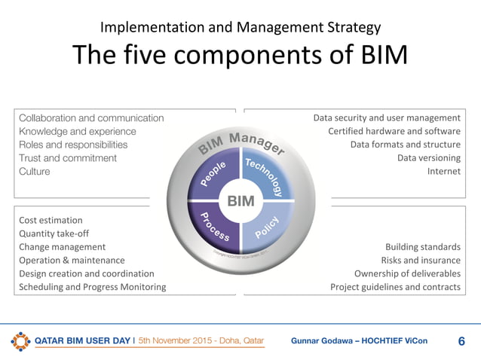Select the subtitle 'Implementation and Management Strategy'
240,28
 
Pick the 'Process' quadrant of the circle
213,227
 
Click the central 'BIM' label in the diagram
240,200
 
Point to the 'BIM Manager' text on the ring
240,144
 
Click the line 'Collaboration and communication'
91,117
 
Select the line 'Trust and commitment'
68,158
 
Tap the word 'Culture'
35,172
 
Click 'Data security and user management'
387,117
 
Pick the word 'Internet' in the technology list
443,172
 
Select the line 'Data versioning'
428,158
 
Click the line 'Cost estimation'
51,220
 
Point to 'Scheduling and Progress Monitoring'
92,287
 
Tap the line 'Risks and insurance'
421,260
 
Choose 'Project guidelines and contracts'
395,287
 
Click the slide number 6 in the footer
461,341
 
